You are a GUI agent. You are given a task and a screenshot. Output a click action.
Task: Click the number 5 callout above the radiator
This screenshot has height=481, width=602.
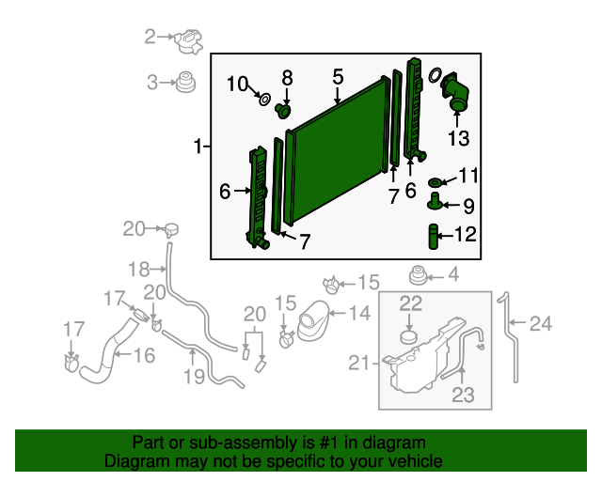[338, 77]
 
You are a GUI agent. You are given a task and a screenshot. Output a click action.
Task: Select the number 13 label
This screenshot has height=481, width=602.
[458, 138]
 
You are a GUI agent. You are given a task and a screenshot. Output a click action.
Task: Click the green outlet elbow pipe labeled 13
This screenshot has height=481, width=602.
[455, 93]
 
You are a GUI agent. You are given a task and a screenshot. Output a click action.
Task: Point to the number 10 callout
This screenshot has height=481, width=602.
[238, 84]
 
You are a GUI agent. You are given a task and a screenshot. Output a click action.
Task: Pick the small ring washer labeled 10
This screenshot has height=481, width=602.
[264, 100]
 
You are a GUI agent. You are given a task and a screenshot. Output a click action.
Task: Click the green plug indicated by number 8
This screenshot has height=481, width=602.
[283, 111]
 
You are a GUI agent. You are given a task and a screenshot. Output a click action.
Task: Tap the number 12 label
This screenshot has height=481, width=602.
[466, 234]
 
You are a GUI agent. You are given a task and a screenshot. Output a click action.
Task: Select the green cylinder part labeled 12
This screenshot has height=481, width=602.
[433, 237]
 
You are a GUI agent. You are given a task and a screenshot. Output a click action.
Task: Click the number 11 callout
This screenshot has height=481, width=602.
[468, 176]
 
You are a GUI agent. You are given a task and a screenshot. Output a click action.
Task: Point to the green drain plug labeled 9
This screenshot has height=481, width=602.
[435, 201]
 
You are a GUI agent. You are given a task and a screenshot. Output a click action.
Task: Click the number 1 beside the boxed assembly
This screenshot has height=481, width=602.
[198, 147]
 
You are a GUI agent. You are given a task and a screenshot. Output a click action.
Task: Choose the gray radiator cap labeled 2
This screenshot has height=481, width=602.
[188, 41]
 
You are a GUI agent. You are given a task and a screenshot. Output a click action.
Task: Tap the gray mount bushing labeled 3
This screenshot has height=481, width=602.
[186, 82]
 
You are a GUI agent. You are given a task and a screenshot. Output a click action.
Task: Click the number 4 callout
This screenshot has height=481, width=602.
[453, 274]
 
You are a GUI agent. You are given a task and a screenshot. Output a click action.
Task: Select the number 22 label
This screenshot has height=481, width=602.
[411, 303]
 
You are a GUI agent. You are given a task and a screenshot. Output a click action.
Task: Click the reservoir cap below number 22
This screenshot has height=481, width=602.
[410, 337]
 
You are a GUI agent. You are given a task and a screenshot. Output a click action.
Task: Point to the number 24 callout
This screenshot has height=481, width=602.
[541, 323]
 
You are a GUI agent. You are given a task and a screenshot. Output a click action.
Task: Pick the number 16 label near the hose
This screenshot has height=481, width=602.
[144, 355]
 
